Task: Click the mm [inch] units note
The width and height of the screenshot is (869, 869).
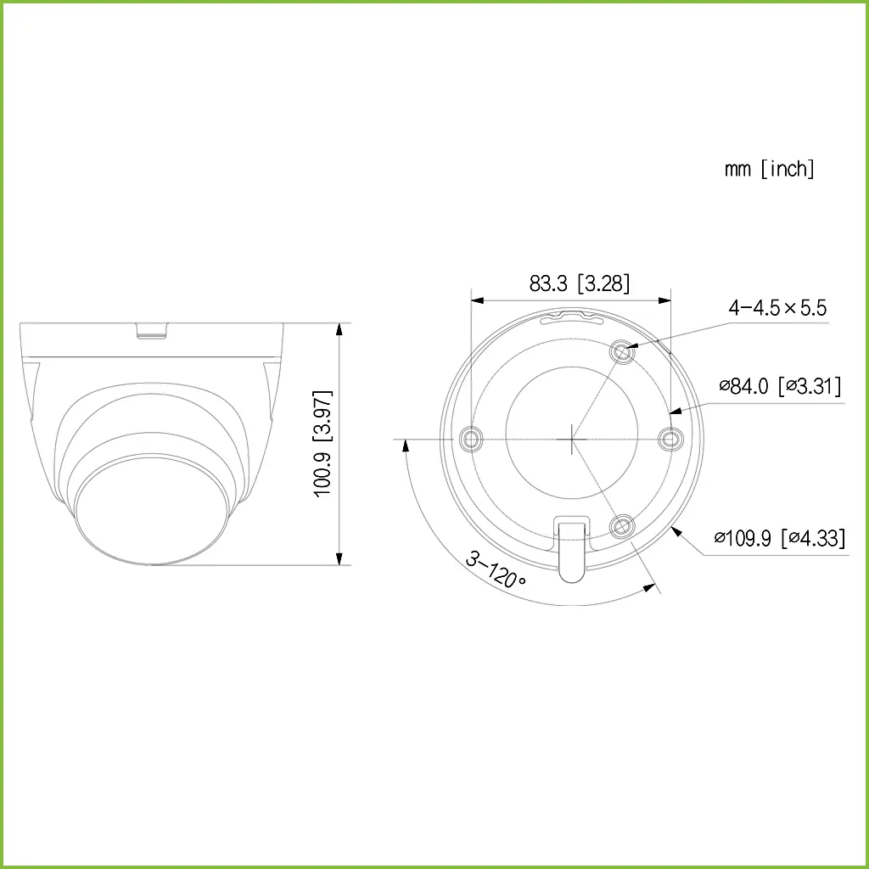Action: [769, 169]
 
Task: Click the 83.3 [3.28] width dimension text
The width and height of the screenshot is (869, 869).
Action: [580, 283]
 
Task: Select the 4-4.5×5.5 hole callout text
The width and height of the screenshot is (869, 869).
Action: [776, 307]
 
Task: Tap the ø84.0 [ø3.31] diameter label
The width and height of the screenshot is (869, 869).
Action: [780, 387]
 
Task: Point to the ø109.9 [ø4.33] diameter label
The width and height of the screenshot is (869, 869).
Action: [779, 538]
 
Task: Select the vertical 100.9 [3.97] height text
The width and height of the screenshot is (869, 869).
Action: [323, 444]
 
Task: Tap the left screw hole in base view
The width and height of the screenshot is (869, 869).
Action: [470, 439]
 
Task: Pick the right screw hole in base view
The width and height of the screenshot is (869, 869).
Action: [671, 439]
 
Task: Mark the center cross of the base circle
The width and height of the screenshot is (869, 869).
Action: [571, 439]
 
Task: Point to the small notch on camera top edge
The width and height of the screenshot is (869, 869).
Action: [152, 329]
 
